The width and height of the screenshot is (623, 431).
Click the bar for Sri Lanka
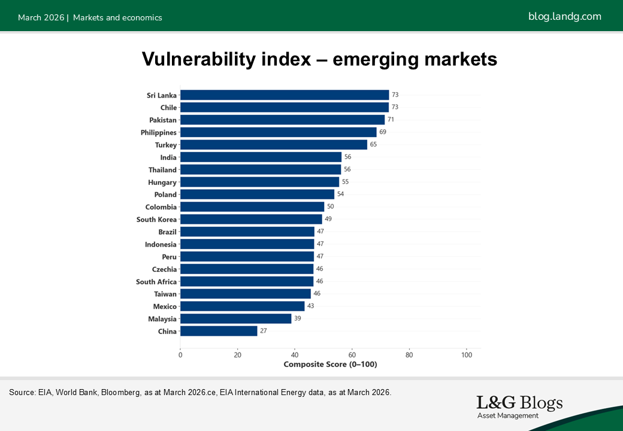tap(285, 95)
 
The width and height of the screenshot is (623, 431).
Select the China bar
tap(219, 331)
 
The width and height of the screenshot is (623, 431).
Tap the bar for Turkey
tap(274, 145)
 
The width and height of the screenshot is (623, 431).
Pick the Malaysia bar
tap(235, 318)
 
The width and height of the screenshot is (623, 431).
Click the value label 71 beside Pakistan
tap(391, 120)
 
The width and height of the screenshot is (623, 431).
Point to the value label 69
tap(383, 132)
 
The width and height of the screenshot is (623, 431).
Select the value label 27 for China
tap(264, 331)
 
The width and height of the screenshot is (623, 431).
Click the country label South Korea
tap(156, 220)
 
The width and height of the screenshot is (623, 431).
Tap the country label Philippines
tap(159, 132)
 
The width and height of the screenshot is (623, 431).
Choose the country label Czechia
tap(164, 269)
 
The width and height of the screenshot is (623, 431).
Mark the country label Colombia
tap(161, 207)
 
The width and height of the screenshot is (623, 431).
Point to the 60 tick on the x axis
tap(352, 354)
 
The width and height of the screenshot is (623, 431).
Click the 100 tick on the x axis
tap(466, 354)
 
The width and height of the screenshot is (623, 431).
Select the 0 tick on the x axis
tap(180, 354)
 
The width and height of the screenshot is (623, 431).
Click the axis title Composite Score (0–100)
tap(330, 365)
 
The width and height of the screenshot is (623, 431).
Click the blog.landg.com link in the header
tap(564, 17)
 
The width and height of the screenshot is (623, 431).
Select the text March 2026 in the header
tap(41, 17)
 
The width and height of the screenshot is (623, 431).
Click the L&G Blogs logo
tap(519, 406)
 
